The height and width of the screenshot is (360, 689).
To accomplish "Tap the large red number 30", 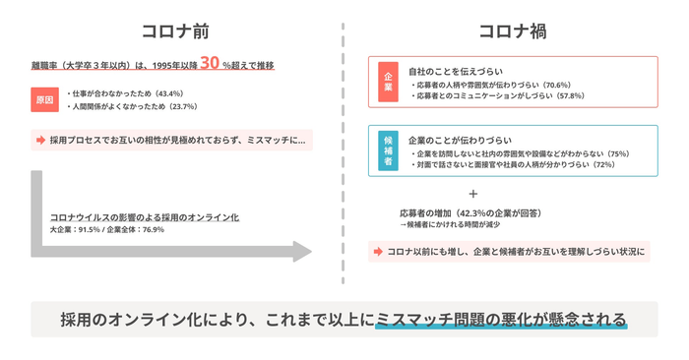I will click(x=210, y=64).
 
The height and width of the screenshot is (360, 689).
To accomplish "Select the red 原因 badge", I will click(x=44, y=99).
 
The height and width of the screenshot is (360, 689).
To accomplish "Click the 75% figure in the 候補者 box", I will click(x=617, y=153).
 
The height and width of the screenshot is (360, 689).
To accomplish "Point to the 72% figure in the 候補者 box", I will click(x=602, y=165).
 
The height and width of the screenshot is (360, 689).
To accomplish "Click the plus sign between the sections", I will click(x=473, y=194).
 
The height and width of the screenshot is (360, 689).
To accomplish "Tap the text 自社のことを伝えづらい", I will click(x=456, y=72).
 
